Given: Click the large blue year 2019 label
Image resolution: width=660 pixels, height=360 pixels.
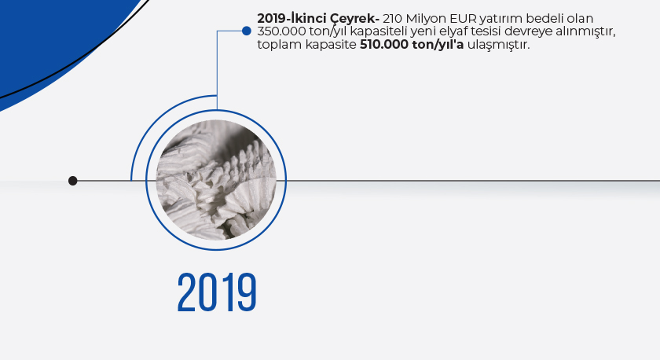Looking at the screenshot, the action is tap(217, 292).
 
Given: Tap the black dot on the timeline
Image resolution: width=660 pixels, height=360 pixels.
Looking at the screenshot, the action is tap(73, 181).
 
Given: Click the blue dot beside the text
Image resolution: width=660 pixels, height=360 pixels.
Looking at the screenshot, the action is tap(247, 31).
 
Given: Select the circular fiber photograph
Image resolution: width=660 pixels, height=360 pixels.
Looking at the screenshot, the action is tap(216, 180).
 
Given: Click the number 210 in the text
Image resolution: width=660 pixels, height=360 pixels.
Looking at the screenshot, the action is tap(392, 19).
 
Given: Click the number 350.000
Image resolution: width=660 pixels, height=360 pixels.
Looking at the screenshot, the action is tap(281, 31).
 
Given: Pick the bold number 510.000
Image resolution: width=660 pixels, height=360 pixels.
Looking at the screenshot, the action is tap(384, 44).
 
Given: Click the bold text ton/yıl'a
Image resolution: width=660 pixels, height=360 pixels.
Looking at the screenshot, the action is tap(438, 45).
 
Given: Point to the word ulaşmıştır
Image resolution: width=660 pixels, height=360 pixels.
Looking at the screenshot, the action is tap(498, 45).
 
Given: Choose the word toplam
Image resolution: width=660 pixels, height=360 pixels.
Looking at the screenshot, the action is tap(280, 45).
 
